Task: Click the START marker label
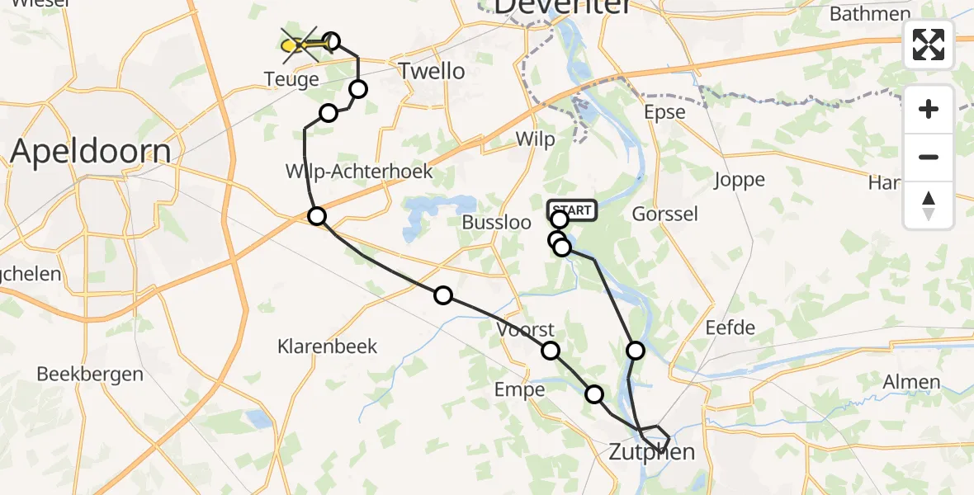pyautogui.click(x=571, y=210)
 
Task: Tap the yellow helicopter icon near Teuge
pyautogui.click(x=298, y=45)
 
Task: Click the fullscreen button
pyautogui.click(x=929, y=45)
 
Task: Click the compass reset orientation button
pyautogui.click(x=929, y=205)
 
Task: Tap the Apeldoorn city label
pyautogui.click(x=91, y=152)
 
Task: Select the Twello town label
pyautogui.click(x=431, y=71)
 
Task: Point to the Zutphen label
pyautogui.click(x=651, y=452)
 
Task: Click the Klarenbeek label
pyautogui.click(x=328, y=346)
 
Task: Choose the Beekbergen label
pyautogui.click(x=90, y=374)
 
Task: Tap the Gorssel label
pyautogui.click(x=664, y=214)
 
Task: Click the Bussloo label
pyautogui.click(x=495, y=223)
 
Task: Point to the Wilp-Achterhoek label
pyautogui.click(x=359, y=172)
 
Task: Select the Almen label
pyautogui.click(x=911, y=382)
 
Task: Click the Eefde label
pyautogui.click(x=730, y=328)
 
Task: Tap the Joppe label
pyautogui.click(x=740, y=180)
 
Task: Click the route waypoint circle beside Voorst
pyautogui.click(x=551, y=351)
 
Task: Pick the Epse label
pyautogui.click(x=665, y=112)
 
